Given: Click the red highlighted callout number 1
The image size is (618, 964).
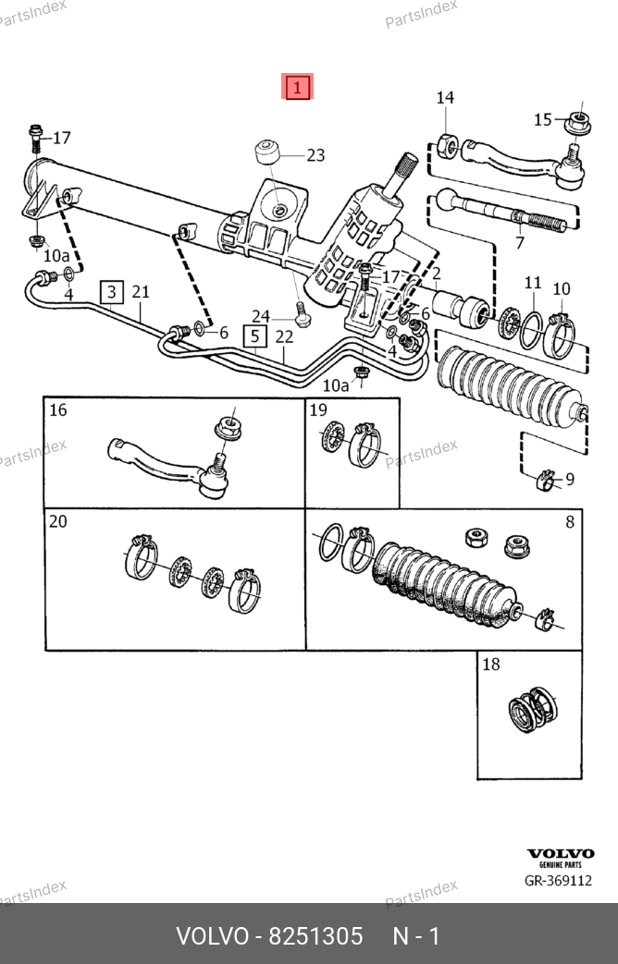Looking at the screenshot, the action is (x=297, y=87).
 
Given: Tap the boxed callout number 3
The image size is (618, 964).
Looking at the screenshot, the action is (x=112, y=292).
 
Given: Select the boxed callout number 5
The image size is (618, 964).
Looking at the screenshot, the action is (x=254, y=337).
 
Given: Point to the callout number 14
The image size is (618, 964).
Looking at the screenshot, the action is (x=445, y=98).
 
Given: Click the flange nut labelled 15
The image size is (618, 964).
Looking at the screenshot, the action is (x=578, y=122).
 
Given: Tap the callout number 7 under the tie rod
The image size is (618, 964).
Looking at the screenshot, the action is (x=520, y=243).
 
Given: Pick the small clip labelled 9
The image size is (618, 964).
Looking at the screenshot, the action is (x=545, y=481).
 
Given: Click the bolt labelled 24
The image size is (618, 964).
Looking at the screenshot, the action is (x=302, y=313).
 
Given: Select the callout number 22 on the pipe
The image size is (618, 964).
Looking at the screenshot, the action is (x=284, y=337).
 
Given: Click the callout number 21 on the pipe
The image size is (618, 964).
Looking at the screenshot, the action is (x=141, y=291).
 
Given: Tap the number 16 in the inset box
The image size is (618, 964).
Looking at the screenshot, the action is (x=58, y=410).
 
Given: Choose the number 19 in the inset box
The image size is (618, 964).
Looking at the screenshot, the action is (x=318, y=410).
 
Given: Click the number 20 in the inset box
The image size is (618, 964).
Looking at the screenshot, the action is (x=58, y=521).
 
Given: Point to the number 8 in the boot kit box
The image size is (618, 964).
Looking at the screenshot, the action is (x=570, y=522).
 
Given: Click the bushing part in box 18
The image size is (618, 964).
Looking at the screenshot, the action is (x=533, y=710).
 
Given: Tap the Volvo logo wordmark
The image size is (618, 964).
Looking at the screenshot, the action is (x=561, y=853).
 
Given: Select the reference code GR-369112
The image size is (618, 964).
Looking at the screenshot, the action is (x=558, y=881).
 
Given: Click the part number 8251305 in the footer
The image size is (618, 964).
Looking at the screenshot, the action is (x=316, y=936).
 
